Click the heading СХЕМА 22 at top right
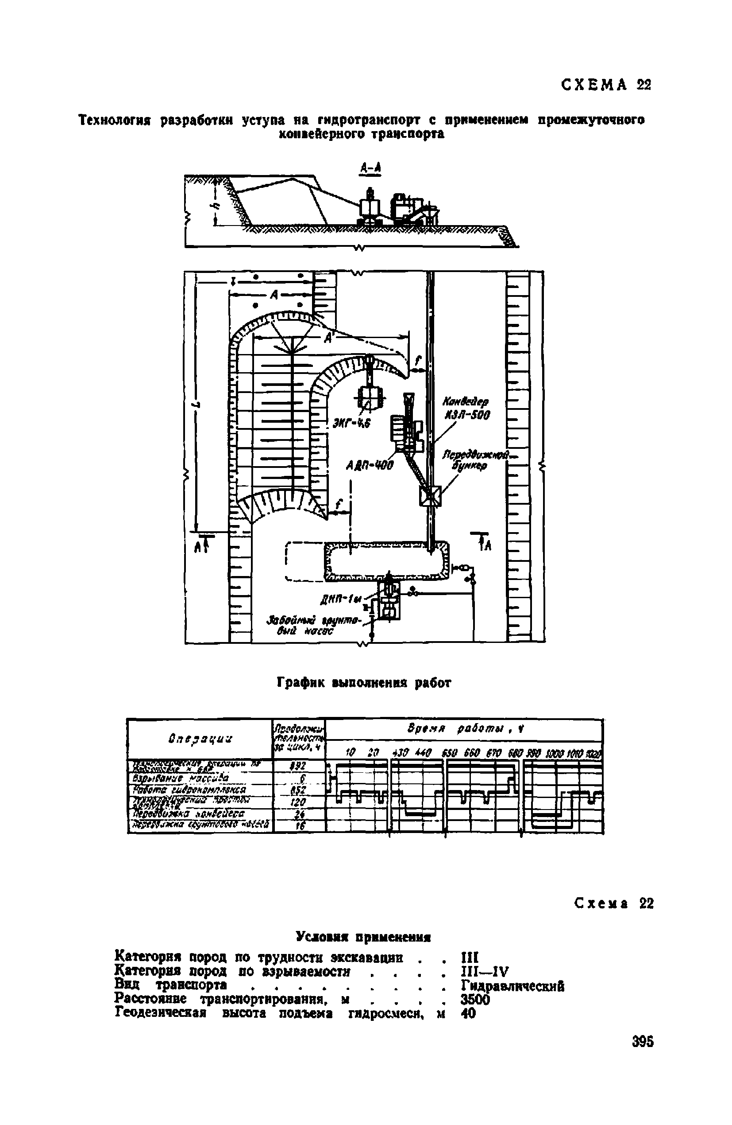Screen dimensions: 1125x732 point(606,85)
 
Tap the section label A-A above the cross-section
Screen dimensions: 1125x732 point(370,168)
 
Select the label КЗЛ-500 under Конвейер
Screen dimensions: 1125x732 point(466,415)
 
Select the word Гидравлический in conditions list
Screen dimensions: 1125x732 point(512,986)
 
